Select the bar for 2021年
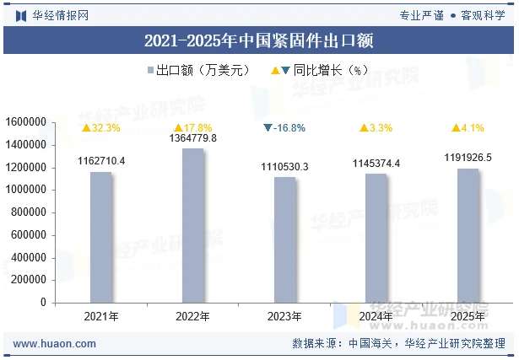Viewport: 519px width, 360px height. tap(101, 237)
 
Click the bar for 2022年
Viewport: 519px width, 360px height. tap(193, 225)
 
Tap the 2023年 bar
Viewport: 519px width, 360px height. tap(285, 239)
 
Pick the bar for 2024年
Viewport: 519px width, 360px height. tap(376, 238)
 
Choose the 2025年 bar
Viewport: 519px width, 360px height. tap(468, 235)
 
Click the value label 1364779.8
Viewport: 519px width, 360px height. tap(193, 138)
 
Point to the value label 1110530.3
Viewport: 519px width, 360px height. tap(285, 167)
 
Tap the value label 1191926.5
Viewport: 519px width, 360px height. tap(468, 158)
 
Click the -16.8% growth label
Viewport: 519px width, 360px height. tap(284, 128)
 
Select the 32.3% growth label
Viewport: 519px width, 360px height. tap(101, 128)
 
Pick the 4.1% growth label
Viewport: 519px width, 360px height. tap(468, 128)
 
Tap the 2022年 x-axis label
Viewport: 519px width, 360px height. tap(193, 317)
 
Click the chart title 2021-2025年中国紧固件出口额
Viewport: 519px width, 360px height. tap(259, 40)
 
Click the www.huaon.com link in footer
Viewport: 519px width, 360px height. tap(55, 344)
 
